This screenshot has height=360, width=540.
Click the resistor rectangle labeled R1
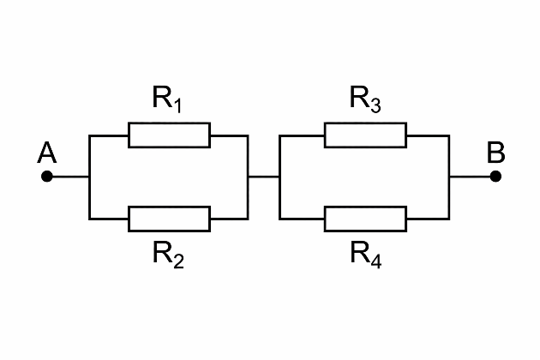point(169,135)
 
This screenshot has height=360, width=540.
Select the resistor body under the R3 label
point(365,135)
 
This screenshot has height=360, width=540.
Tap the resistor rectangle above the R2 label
point(169,219)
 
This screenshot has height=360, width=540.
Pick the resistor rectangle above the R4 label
point(365,219)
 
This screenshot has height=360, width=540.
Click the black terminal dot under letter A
point(47,177)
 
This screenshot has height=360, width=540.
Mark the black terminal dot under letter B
point(495,177)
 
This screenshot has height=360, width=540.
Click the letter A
point(47,153)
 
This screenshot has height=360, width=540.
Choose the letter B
point(495,153)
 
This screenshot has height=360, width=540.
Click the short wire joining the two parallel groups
point(264,177)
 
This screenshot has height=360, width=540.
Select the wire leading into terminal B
point(471,177)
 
